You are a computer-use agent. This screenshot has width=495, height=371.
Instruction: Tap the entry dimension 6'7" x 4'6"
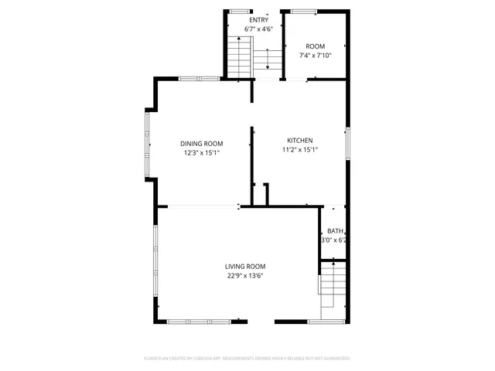[260, 29]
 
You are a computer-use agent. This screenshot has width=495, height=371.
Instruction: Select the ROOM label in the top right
[315, 46]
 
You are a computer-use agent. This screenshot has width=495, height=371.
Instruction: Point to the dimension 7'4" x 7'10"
[315, 56]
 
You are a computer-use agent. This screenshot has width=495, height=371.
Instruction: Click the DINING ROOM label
[202, 144]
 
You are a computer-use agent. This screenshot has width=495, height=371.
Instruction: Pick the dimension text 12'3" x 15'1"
[202, 153]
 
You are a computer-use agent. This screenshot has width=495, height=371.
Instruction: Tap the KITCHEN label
[299, 141]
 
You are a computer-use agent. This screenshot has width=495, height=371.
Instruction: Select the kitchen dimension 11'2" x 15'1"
[299, 150]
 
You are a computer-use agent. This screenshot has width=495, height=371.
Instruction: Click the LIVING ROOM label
[246, 267]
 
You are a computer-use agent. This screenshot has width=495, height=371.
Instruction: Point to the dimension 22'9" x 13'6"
[246, 276]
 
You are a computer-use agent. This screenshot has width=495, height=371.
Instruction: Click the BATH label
[335, 231]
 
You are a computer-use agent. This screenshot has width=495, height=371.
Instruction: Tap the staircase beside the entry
[240, 59]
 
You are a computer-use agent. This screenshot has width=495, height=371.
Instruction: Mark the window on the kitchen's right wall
[347, 144]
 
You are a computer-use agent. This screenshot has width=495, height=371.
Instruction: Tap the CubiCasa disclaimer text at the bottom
[247, 359]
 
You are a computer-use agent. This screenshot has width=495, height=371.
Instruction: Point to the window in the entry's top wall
[237, 10]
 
